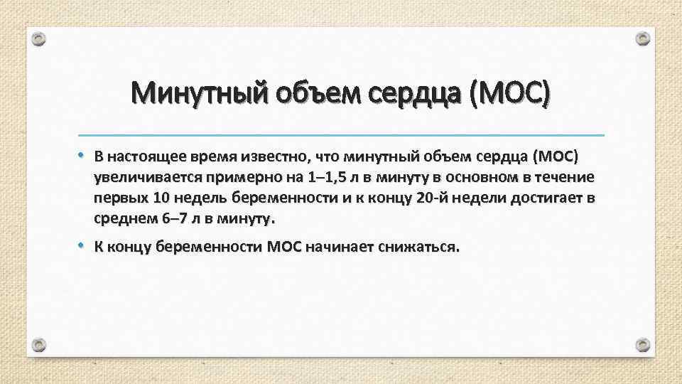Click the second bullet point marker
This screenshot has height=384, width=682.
pyautogui.click(x=82, y=246)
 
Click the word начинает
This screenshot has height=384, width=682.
pyautogui.click(x=342, y=247)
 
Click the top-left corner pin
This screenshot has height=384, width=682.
pyautogui.click(x=40, y=40)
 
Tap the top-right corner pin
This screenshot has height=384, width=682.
pyautogui.click(x=642, y=38)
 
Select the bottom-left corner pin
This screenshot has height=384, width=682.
pyautogui.click(x=40, y=346)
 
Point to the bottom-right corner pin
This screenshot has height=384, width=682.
pyautogui.click(x=642, y=345)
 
